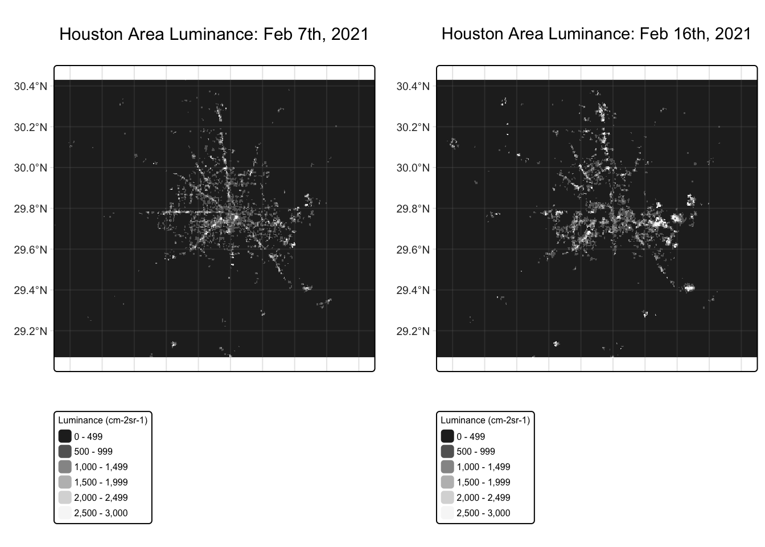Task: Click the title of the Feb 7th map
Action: click(x=214, y=34)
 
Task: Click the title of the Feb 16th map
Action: click(x=596, y=34)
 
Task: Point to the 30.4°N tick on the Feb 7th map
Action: click(x=52, y=86)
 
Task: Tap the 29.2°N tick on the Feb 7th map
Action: click(x=52, y=331)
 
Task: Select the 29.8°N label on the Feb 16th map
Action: click(x=413, y=209)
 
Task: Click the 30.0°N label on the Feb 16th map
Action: click(x=413, y=168)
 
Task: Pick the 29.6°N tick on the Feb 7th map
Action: click(x=52, y=249)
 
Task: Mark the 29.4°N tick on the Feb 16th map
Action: click(x=434, y=290)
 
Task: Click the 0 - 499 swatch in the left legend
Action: click(x=65, y=436)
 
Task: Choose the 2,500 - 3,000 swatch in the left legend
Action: click(x=65, y=513)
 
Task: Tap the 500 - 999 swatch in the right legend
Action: click(x=447, y=451)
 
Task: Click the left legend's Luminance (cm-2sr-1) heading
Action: click(x=102, y=421)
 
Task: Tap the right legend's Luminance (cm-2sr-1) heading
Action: click(x=485, y=421)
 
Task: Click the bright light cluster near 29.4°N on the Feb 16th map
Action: click(x=689, y=288)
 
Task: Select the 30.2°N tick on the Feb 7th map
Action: click(x=52, y=126)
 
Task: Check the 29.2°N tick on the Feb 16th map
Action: click(x=434, y=331)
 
